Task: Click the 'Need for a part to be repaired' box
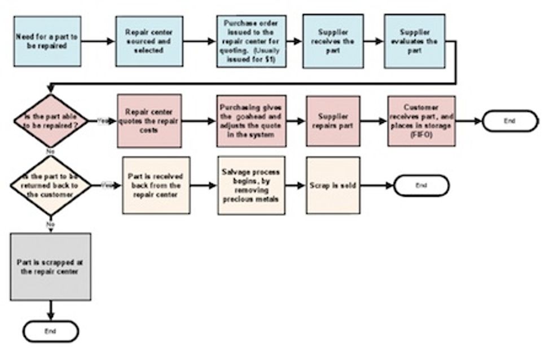tap(48, 41)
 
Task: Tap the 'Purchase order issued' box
tap(251, 41)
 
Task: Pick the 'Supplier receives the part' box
tap(333, 41)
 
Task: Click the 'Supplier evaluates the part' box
tap(415, 41)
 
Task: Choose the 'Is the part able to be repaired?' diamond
tap(51, 121)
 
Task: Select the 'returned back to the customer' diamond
tap(51, 185)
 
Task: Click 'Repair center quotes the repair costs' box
tap(150, 121)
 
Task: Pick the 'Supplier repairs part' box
tap(333, 121)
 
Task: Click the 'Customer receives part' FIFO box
tap(422, 121)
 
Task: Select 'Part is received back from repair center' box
tap(156, 185)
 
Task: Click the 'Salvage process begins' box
tap(251, 185)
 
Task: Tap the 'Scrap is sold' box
tap(333, 185)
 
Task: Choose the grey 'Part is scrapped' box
tap(51, 267)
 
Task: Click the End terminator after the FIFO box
tap(510, 121)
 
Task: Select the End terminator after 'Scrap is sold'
tap(421, 185)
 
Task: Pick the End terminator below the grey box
tap(51, 332)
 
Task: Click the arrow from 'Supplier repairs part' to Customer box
tap(374, 121)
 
